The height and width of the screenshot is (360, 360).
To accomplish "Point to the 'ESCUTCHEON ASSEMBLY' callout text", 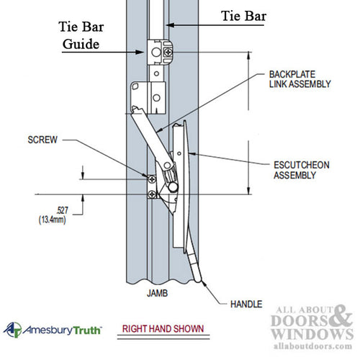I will pos(303,169).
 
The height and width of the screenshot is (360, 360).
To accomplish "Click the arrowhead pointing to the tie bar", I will pos(168,24).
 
